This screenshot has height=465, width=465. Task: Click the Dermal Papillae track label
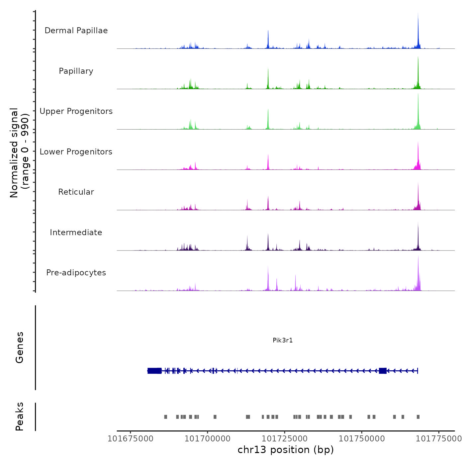pos(76,31)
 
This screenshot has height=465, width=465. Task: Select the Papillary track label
pos(76,71)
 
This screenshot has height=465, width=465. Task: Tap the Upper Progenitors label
pos(76,111)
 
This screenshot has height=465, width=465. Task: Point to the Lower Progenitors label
pos(76,152)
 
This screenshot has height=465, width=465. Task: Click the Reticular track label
pos(76,192)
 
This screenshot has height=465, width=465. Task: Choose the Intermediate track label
pos(76,232)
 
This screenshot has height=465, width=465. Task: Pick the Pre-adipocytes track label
pos(76,273)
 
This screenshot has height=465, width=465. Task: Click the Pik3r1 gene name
pos(283,340)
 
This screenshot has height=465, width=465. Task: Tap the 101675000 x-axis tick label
pos(131,439)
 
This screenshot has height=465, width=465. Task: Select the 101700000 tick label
pos(208,439)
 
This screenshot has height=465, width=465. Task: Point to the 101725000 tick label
pos(285,439)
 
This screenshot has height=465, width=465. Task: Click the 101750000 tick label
pos(362,439)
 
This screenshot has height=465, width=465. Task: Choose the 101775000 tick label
pos(439,439)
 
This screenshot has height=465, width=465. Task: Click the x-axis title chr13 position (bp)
pos(286,450)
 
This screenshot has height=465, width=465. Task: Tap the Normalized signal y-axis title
pos(19,152)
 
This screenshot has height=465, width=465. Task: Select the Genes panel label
pos(20,347)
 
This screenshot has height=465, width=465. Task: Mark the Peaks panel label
pos(20,417)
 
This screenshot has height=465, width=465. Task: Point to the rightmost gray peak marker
pos(418,417)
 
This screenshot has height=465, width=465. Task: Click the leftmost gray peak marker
pos(166,417)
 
